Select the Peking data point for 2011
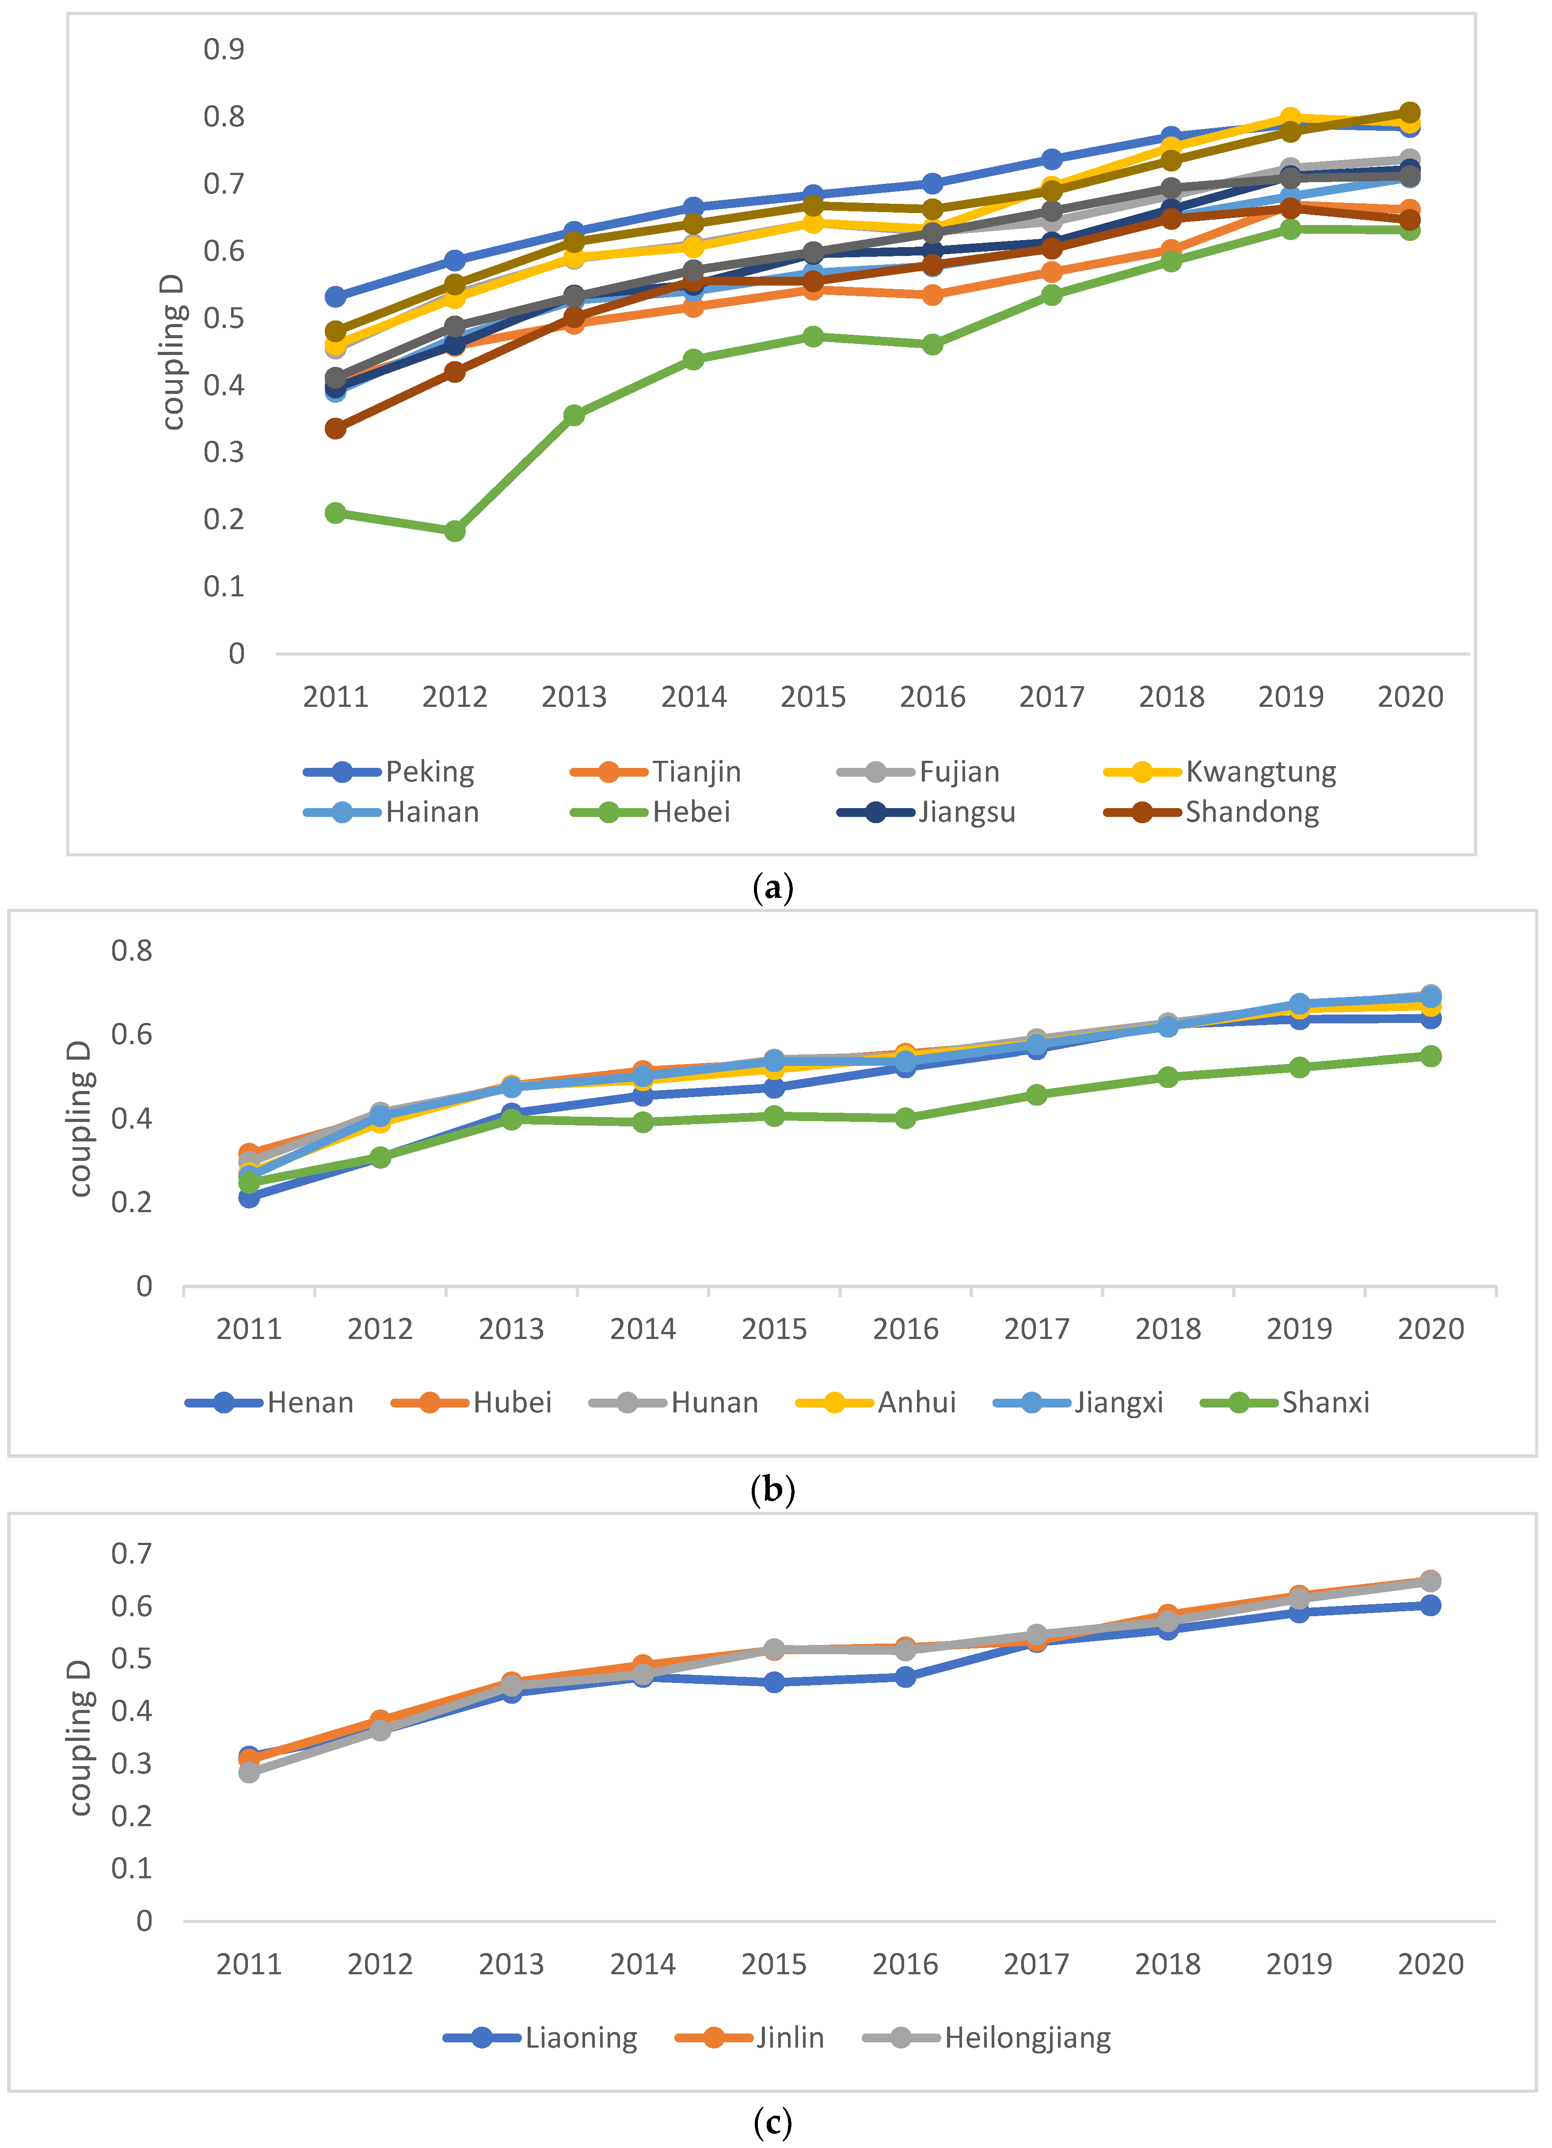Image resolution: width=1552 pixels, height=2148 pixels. click(x=335, y=297)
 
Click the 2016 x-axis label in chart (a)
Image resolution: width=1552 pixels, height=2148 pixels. click(x=932, y=697)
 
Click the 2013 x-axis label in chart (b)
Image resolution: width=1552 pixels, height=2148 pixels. click(x=511, y=1330)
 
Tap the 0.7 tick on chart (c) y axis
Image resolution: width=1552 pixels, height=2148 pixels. click(x=132, y=1553)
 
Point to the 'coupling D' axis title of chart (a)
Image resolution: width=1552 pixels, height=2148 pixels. click(x=172, y=352)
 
